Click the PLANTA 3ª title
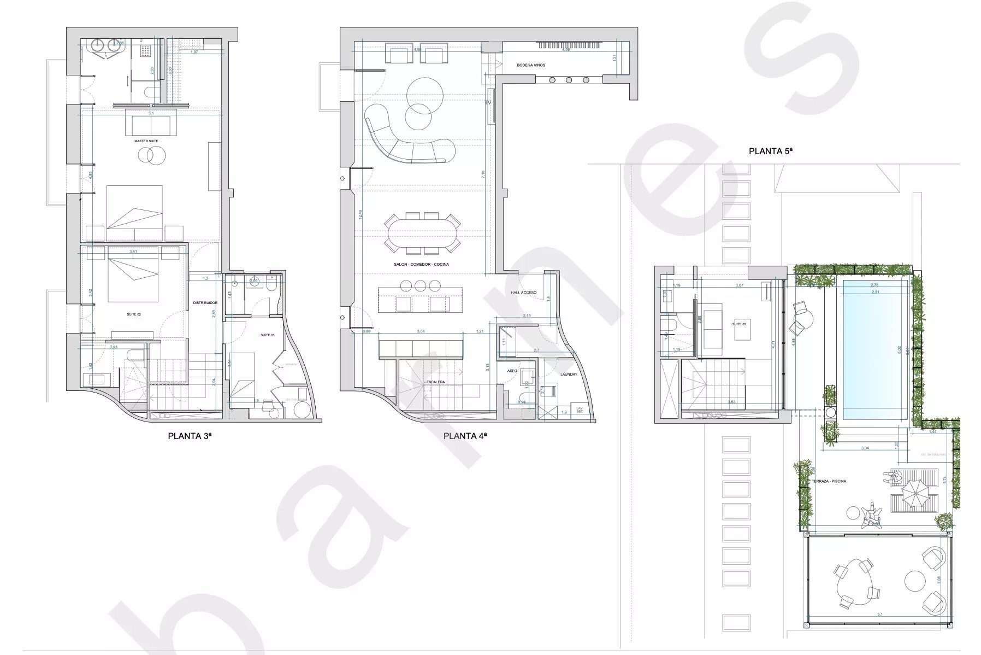pos(189,436)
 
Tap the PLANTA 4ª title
pos(465,436)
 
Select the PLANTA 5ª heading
pos(770,151)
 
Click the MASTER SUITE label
pos(146,141)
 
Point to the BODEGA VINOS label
pos(531,65)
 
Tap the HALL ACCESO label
pos(524,293)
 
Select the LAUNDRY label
pos(569,375)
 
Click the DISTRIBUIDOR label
pos(205,302)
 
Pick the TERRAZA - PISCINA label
pos(829,481)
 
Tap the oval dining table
pos(422,232)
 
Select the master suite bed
pos(134,208)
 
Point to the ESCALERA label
pos(436,382)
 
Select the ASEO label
pos(512,371)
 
